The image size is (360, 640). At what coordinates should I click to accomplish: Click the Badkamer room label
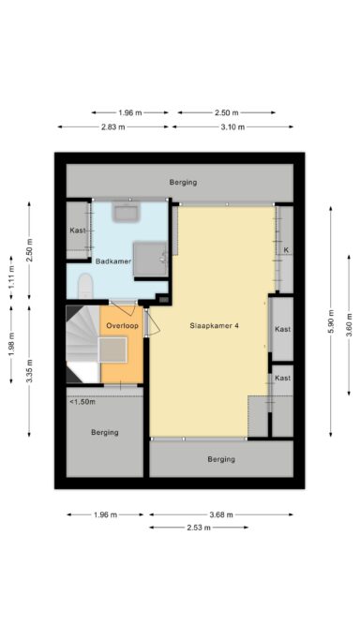click(112, 261)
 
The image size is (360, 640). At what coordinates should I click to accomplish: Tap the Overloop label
click(122, 325)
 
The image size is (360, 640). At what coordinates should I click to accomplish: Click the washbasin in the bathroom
click(127, 212)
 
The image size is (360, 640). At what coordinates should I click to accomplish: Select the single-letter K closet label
click(286, 250)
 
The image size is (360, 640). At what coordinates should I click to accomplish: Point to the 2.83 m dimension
click(113, 127)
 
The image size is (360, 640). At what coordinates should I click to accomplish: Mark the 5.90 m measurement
click(330, 319)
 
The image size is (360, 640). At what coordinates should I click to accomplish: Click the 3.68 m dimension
click(220, 514)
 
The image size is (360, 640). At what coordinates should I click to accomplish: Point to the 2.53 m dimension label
click(198, 528)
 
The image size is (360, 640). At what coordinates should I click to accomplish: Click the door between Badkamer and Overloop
click(124, 301)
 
